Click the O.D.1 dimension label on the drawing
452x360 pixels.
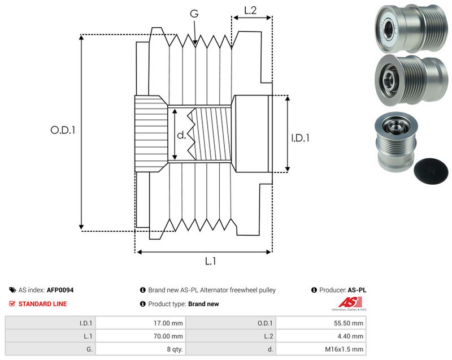[x=63, y=130]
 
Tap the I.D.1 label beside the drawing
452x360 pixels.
[x=300, y=138]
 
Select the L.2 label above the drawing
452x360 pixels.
[x=250, y=10]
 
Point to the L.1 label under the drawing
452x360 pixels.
[x=210, y=261]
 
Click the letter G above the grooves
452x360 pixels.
[x=194, y=13]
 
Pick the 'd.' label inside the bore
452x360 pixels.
[x=181, y=135]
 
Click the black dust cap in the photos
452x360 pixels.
[x=431, y=171]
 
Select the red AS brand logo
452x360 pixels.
[x=350, y=303]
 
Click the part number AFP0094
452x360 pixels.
[x=60, y=290]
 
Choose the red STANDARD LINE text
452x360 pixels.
[x=43, y=304]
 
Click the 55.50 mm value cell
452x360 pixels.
[x=321, y=323]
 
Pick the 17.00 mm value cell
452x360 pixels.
[x=141, y=323]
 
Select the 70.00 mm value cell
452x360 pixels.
[x=141, y=336]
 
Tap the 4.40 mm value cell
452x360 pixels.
[x=321, y=336]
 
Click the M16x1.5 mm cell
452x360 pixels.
[x=321, y=349]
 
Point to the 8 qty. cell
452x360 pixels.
[x=141, y=349]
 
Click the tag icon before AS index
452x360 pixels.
[x=12, y=290]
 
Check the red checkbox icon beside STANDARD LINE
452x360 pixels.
[x=12, y=303]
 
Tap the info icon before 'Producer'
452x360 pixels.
[x=314, y=290]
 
